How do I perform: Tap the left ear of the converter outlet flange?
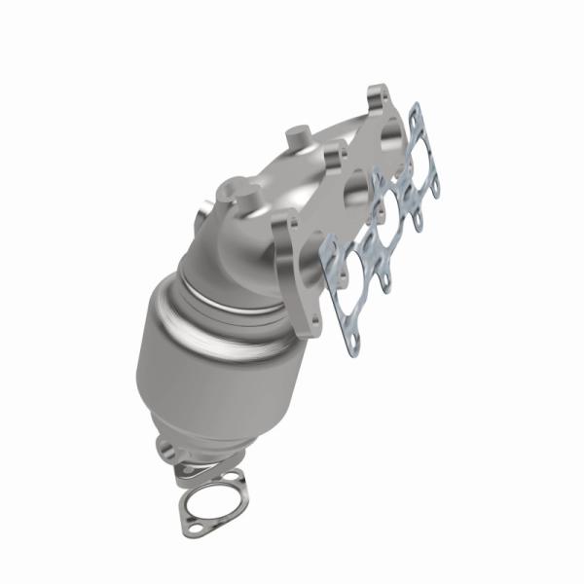pos(164,449)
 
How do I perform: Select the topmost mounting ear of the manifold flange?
pos(378,97)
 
